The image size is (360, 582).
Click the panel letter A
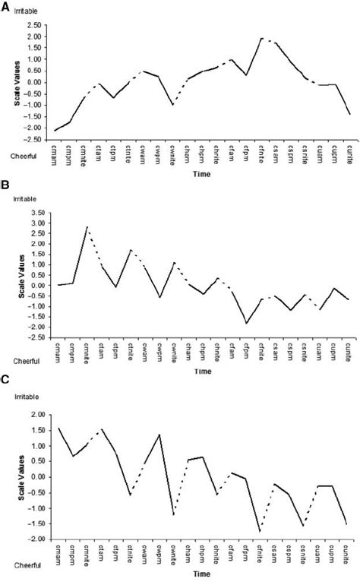5,5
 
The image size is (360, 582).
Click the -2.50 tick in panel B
33,337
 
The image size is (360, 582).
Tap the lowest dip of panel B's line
246,323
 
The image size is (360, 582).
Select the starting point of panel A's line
55,131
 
